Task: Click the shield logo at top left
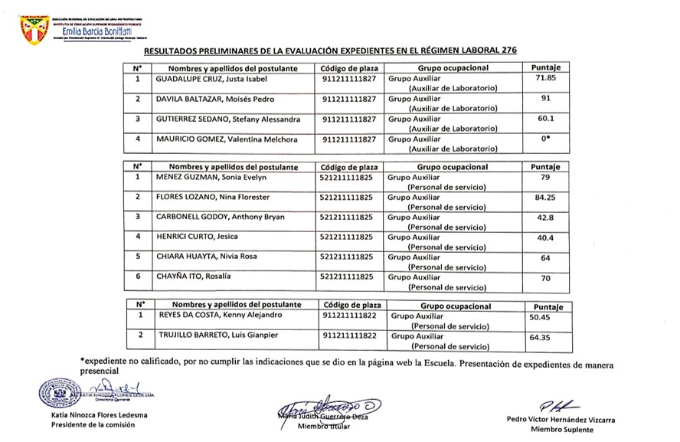[x=34, y=28]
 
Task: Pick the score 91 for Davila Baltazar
[x=546, y=99]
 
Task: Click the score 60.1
[x=546, y=119]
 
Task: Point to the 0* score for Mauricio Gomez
[x=546, y=139]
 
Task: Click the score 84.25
[x=545, y=197]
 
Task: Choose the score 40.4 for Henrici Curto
[x=545, y=237]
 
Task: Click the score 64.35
[x=541, y=336]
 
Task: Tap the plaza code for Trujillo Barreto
[x=349, y=336]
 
